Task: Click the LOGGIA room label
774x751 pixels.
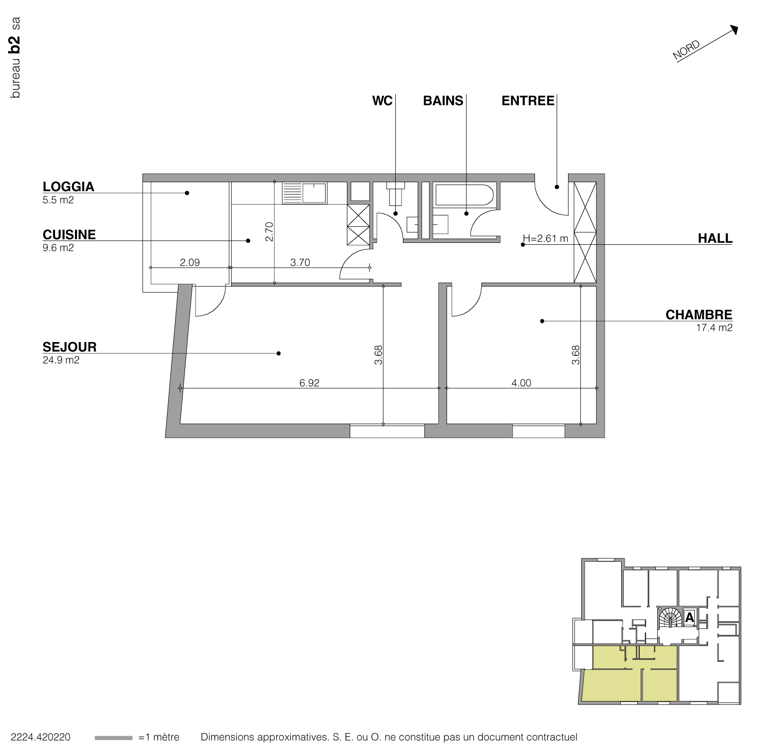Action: click(x=68, y=186)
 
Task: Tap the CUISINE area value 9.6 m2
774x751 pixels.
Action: click(x=58, y=248)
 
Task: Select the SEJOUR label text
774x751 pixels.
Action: click(x=69, y=347)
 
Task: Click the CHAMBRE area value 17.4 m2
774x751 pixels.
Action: click(x=714, y=327)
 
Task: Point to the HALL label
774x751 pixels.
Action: click(x=715, y=238)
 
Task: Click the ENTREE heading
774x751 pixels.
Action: click(x=528, y=101)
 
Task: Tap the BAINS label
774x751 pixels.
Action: click(x=443, y=101)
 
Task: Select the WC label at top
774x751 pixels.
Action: click(x=382, y=101)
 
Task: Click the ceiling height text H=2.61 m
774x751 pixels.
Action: click(x=545, y=238)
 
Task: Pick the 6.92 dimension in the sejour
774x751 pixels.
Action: click(x=309, y=383)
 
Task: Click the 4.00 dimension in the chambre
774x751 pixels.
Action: click(x=521, y=383)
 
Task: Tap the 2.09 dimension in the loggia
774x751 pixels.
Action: click(x=190, y=262)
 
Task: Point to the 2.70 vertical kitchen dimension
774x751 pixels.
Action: click(x=269, y=232)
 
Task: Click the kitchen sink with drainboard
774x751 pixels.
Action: click(x=304, y=193)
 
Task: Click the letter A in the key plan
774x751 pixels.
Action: click(x=689, y=618)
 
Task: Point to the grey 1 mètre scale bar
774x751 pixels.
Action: click(x=113, y=738)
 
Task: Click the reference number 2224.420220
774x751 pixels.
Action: click(x=40, y=737)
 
